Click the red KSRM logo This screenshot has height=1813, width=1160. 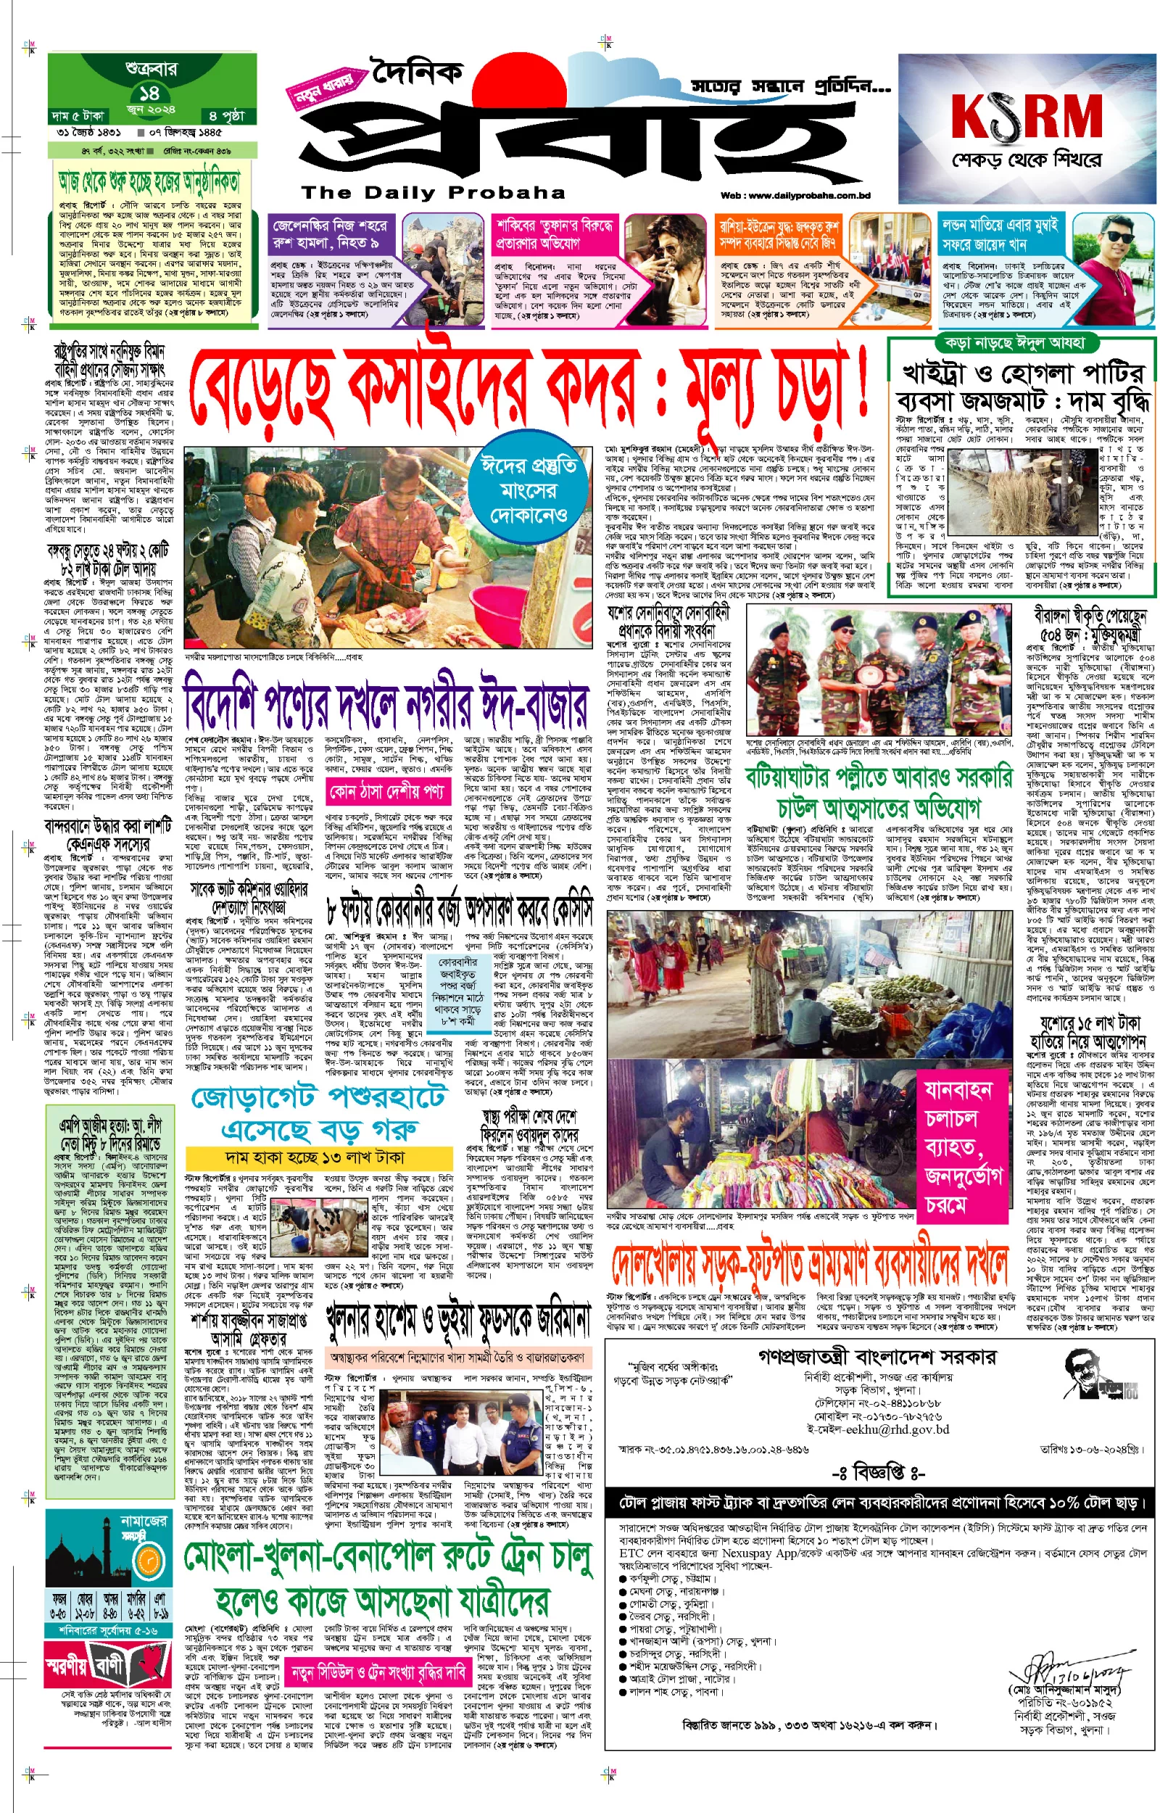(x=1026, y=118)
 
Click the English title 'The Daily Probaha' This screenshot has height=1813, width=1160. (x=433, y=193)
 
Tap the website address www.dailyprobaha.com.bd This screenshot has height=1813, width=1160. (x=795, y=196)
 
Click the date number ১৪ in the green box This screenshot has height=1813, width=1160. (x=149, y=93)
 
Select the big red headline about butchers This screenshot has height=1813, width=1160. (x=527, y=392)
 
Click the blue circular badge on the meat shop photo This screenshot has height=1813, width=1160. (x=529, y=490)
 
